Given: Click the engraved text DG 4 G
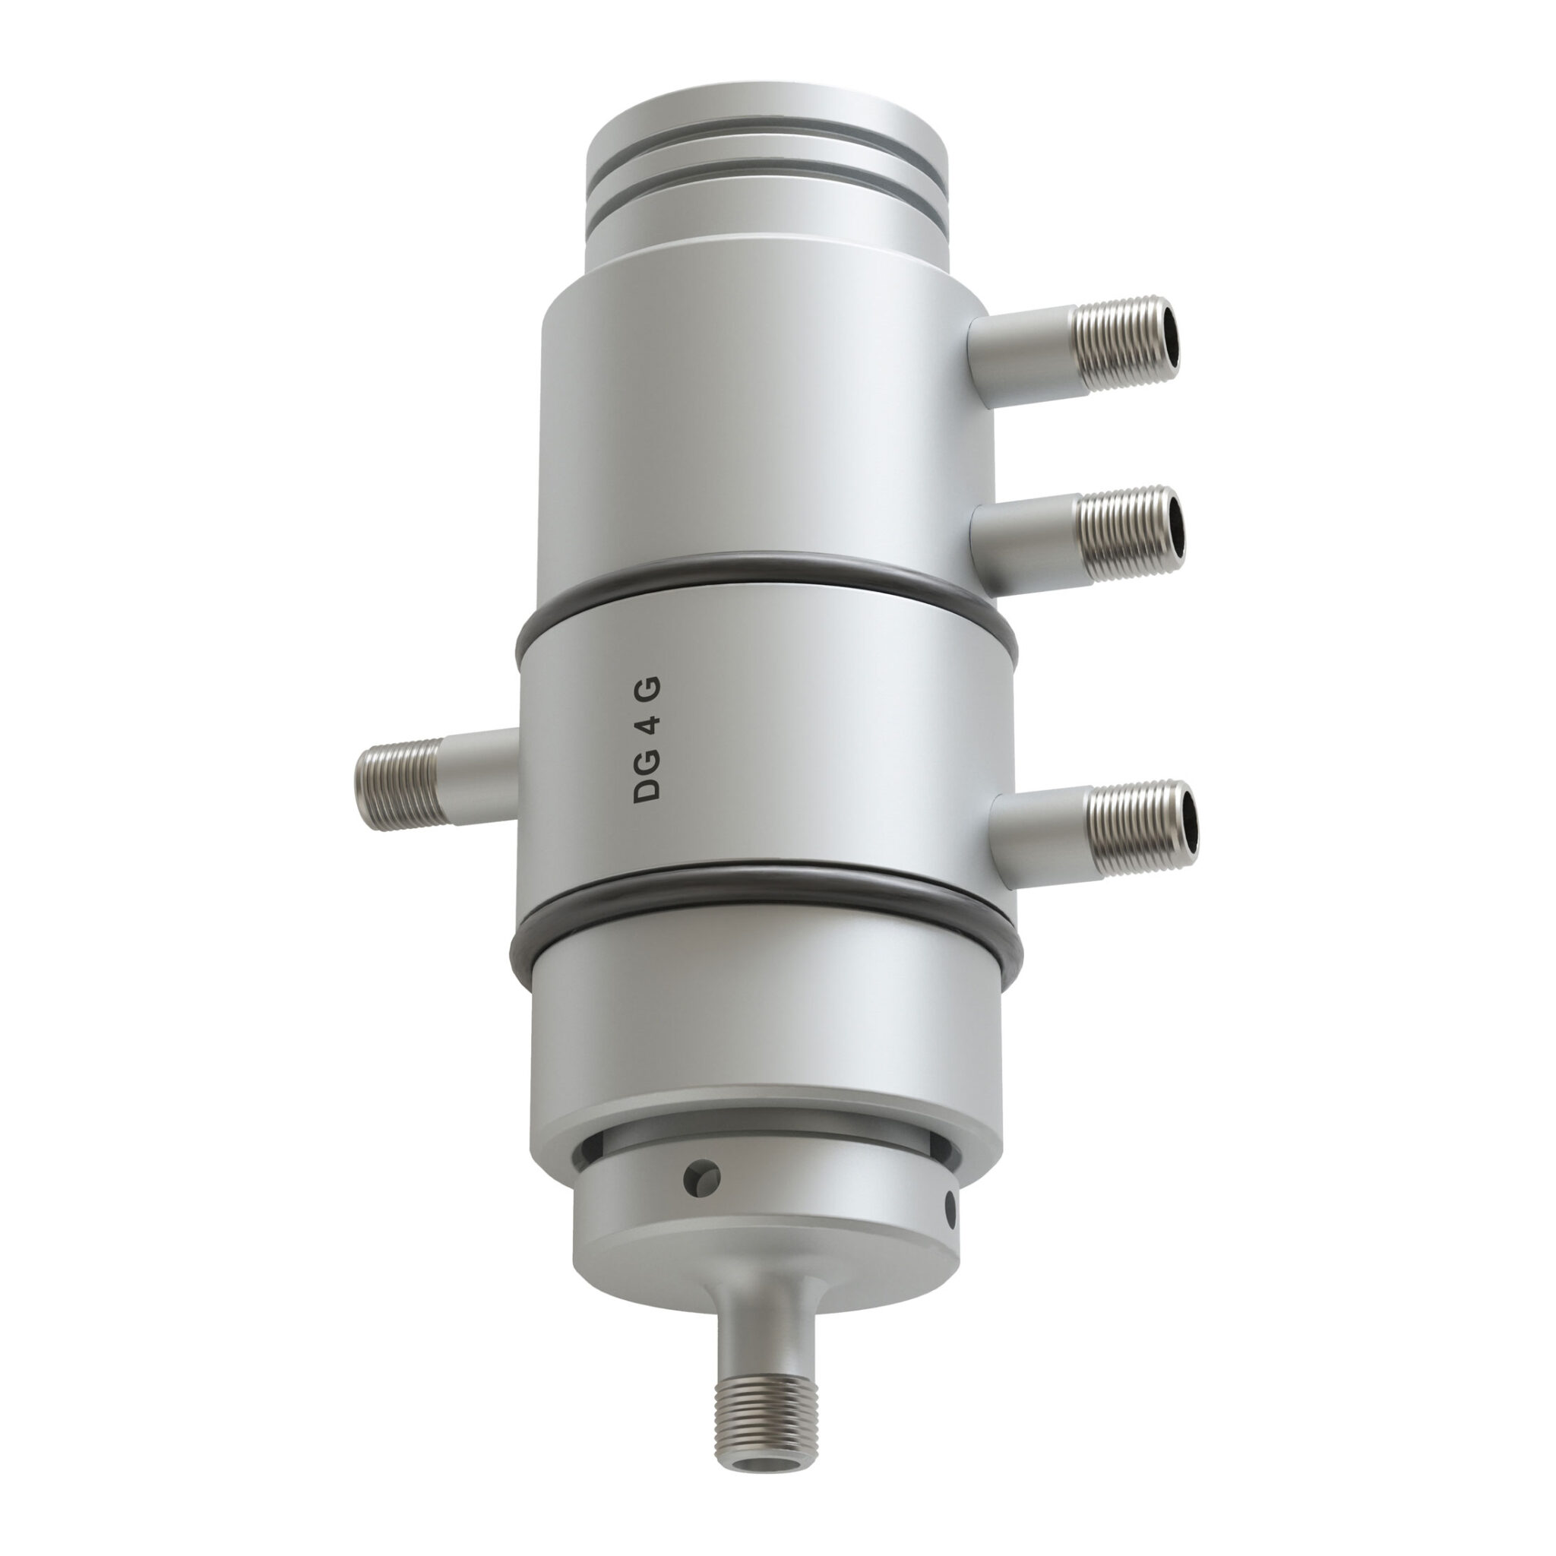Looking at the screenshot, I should (647, 738).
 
